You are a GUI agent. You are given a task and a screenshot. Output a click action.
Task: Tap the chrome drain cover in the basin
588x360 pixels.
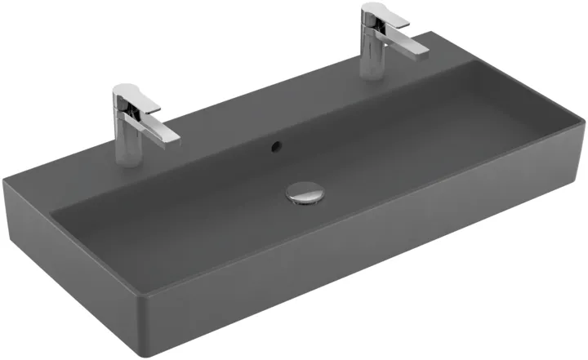[x=305, y=194]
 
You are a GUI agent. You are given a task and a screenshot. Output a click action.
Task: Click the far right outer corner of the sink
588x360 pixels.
[x=583, y=123]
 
